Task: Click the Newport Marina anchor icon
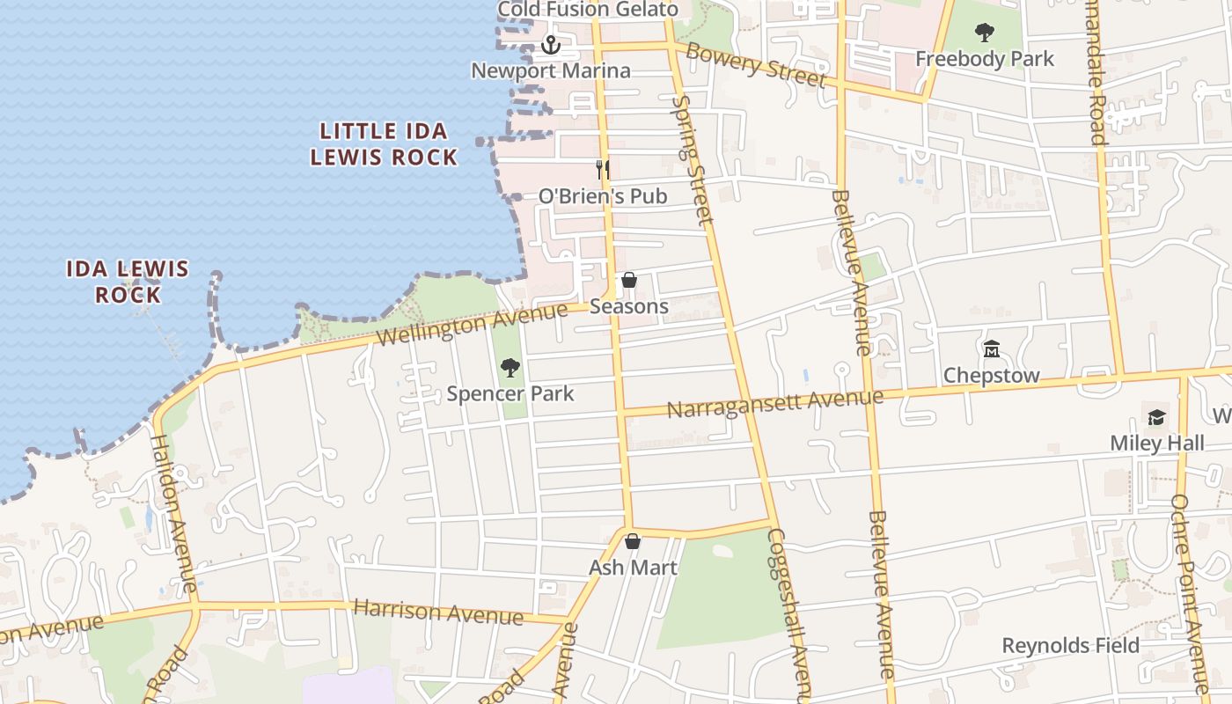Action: point(551,44)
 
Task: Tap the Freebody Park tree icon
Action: point(985,33)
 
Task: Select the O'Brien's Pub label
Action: point(603,195)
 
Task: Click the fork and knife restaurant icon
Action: point(603,169)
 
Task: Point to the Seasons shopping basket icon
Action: point(629,281)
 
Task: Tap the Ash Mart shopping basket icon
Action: point(633,541)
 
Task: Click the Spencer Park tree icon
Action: point(510,368)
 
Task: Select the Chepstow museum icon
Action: point(992,349)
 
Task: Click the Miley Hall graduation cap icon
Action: point(1156,417)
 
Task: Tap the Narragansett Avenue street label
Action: point(774,403)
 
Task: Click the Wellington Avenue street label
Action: point(472,325)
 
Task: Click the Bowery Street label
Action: point(756,64)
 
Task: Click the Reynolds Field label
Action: point(1070,646)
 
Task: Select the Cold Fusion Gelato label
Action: point(588,10)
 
